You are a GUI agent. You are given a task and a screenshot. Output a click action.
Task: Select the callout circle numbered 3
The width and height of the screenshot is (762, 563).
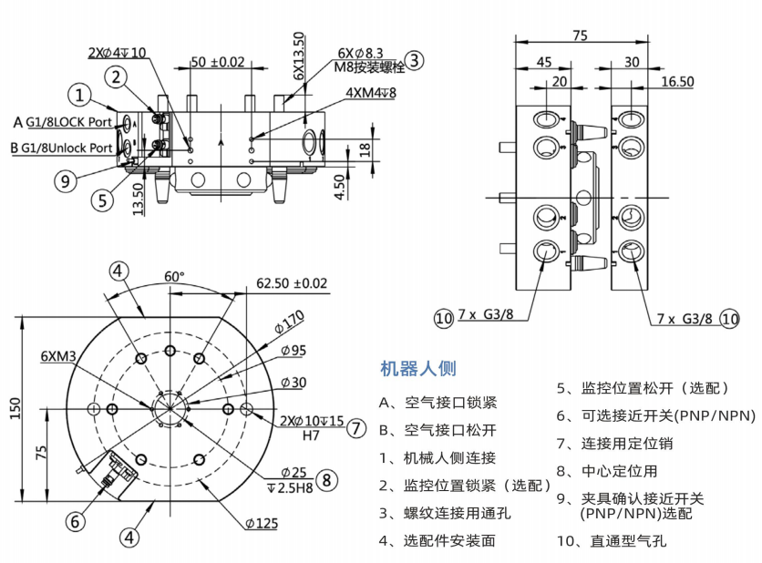point(415,61)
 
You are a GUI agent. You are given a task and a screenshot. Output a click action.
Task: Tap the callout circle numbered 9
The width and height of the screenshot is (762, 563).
point(64,180)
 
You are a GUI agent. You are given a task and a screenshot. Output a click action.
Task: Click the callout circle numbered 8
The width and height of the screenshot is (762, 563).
point(329,479)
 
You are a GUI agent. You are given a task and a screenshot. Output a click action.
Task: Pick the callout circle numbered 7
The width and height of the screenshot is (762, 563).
point(356,428)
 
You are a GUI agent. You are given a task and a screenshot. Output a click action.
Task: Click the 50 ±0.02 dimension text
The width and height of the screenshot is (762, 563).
point(218,63)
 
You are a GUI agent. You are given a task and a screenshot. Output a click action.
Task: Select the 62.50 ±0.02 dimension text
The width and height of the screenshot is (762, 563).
point(292,283)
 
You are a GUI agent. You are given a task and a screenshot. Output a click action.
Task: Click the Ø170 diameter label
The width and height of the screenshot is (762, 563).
point(293,321)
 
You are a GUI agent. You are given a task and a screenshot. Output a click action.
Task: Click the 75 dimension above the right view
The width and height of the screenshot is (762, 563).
point(580,36)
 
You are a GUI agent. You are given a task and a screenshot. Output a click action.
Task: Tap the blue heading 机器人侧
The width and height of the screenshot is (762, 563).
point(418,369)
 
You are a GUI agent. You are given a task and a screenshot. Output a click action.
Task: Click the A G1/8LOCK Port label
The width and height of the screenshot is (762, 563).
point(64,121)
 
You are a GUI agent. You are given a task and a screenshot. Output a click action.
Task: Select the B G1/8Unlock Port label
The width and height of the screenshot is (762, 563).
point(62,148)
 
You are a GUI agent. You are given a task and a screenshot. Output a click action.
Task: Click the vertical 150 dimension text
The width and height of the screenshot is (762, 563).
point(15,410)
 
